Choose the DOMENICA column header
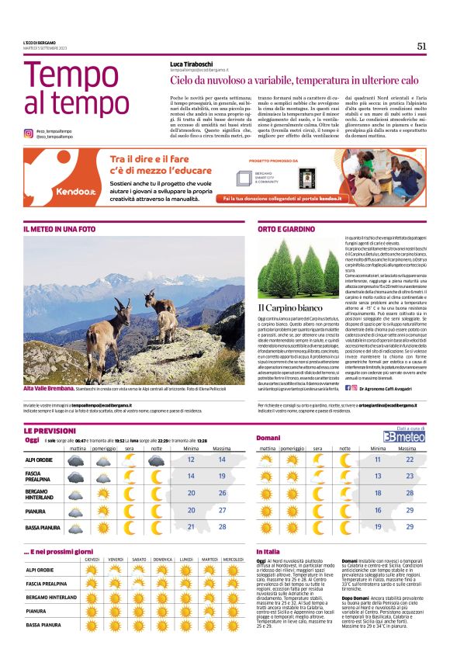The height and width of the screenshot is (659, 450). click(x=162, y=559)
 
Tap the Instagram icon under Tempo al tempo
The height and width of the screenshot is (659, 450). click(x=28, y=134)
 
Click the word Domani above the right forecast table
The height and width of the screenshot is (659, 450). click(x=268, y=439)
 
